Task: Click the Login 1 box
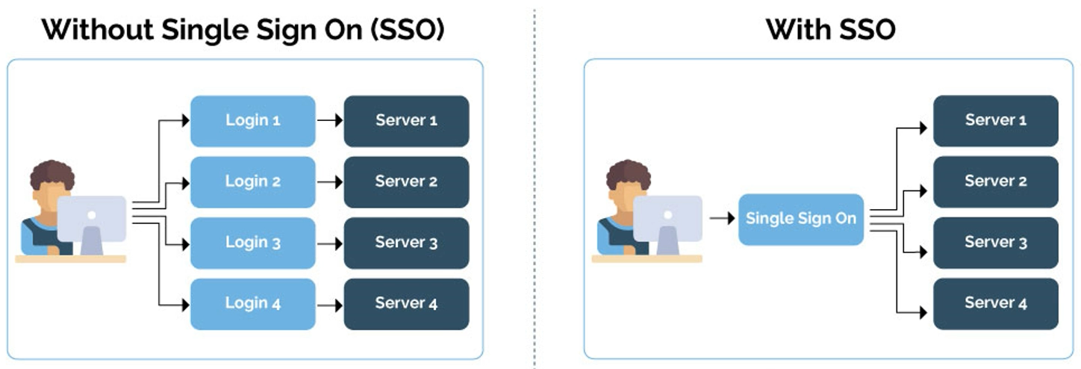pos(253,120)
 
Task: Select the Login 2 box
pos(253,182)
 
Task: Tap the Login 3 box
pos(253,243)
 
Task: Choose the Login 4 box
pos(253,303)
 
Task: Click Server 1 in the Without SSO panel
pos(406,120)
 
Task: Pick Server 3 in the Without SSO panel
pos(406,243)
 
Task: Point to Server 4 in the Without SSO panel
pos(406,303)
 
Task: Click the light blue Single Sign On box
pos(800,219)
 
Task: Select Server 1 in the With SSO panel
pos(995,120)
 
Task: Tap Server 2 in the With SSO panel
pos(995,182)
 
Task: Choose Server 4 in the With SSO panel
pos(995,303)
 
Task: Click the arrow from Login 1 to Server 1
pos(329,120)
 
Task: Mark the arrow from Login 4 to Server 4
pos(329,304)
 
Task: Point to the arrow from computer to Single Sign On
pos(720,219)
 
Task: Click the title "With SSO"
pos(830,30)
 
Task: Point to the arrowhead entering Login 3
pos(184,243)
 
